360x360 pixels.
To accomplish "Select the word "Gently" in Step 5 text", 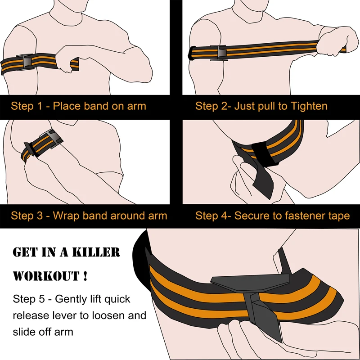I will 68,299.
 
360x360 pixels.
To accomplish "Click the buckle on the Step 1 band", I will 26,62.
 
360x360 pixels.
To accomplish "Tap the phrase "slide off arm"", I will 43,331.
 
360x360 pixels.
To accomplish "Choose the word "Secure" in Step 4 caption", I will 249,216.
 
